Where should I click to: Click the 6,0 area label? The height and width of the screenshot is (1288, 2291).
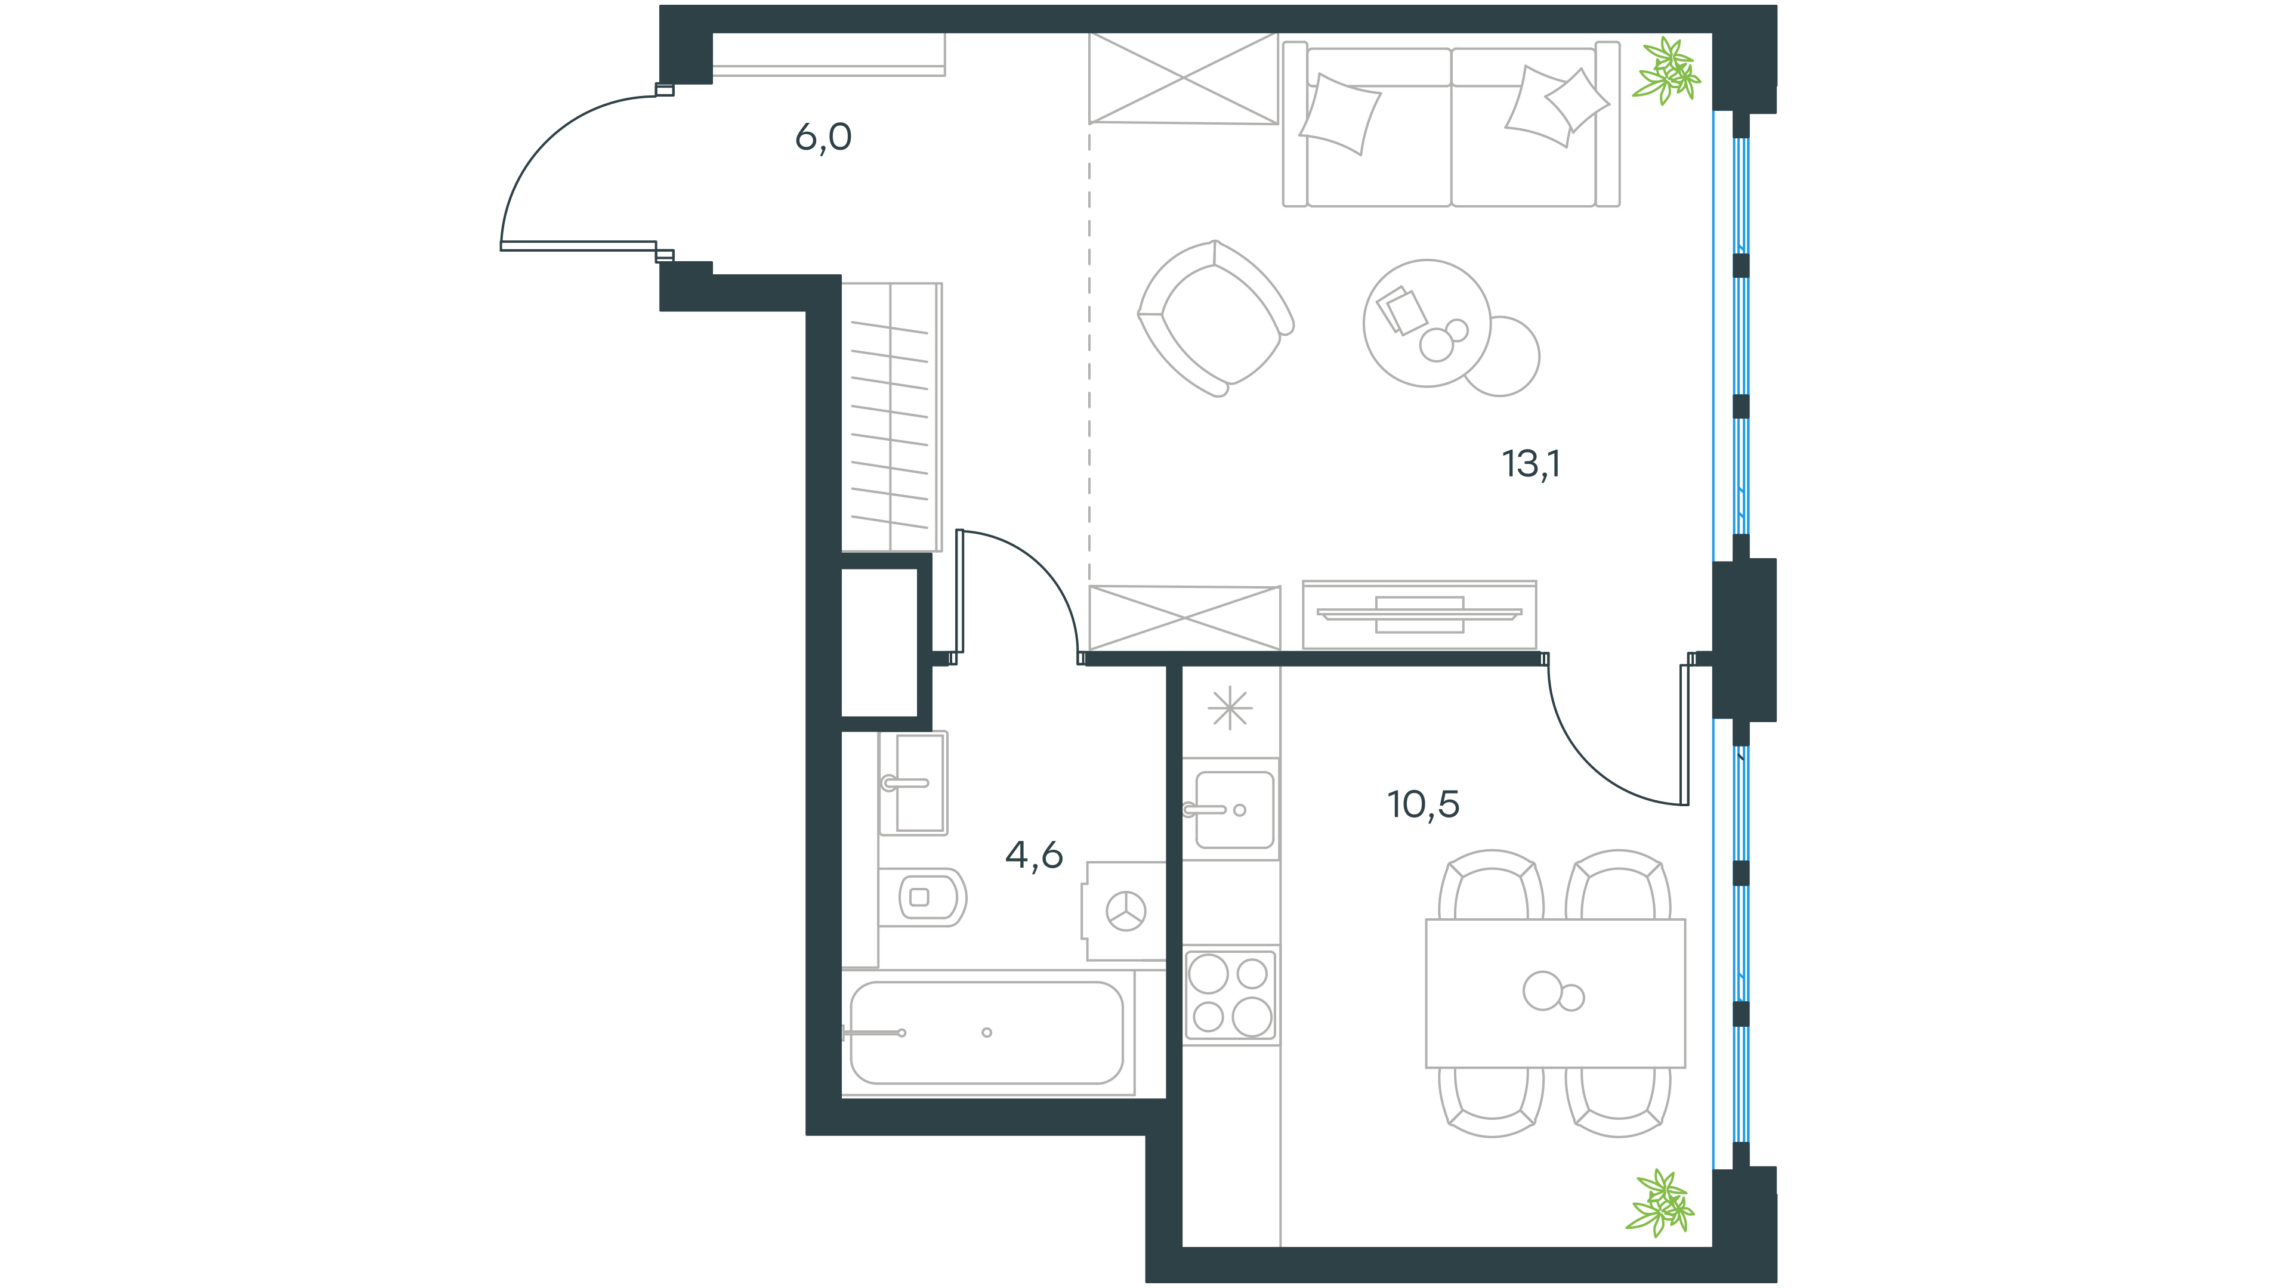823,138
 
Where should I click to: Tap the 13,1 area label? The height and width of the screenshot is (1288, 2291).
1530,464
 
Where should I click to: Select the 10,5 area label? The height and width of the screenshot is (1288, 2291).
1423,804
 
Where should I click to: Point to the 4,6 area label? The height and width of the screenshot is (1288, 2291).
1033,855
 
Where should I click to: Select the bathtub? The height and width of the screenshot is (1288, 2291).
987,1032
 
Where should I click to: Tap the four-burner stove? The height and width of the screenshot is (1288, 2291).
1230,995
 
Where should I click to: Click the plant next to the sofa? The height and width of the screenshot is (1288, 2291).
1667,71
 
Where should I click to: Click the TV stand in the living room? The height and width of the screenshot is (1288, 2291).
1419,614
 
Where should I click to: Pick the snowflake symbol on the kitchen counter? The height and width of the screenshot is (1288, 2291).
1230,708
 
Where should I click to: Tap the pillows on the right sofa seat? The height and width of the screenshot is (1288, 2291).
1557,104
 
